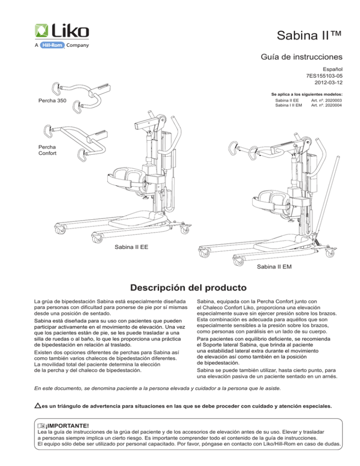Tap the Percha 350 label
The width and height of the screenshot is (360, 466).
coord(52,101)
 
